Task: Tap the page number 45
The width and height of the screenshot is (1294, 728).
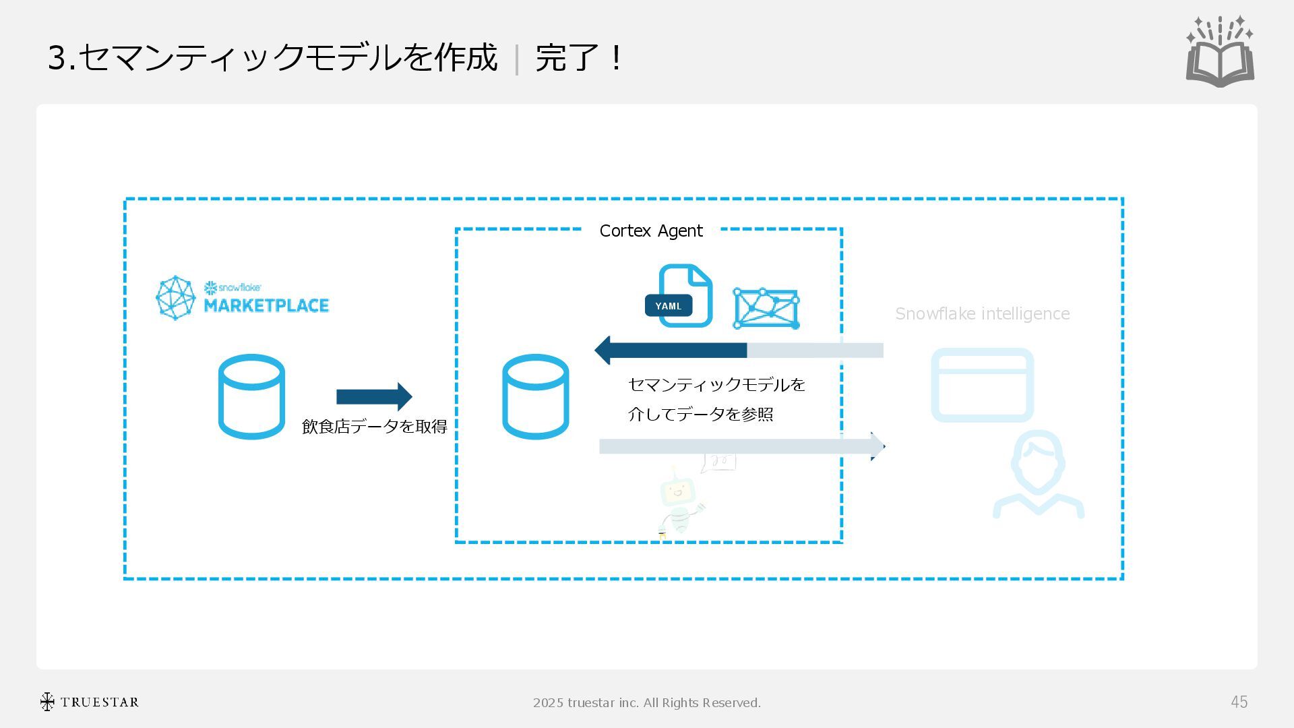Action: click(1239, 702)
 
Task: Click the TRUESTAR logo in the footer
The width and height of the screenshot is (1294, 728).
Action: click(90, 702)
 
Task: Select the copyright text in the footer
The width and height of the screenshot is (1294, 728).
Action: click(646, 702)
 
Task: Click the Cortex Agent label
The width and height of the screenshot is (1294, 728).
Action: click(650, 231)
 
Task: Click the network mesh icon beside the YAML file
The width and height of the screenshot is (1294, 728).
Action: click(766, 309)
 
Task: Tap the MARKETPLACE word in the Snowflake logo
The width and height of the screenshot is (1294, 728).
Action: click(266, 305)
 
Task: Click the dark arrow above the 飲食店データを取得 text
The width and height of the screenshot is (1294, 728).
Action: click(374, 396)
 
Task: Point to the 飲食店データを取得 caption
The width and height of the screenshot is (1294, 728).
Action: click(374, 427)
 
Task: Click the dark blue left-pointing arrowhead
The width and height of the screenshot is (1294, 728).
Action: click(604, 350)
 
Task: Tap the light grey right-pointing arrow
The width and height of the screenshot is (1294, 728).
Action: click(741, 446)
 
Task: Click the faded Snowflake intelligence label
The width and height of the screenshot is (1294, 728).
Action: click(982, 313)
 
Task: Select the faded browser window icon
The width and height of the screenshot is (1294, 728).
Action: click(982, 385)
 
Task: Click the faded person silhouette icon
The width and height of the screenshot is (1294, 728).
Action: click(1038, 475)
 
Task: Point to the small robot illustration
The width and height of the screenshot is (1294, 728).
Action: click(680, 502)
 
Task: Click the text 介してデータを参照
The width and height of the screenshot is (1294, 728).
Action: click(700, 414)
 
